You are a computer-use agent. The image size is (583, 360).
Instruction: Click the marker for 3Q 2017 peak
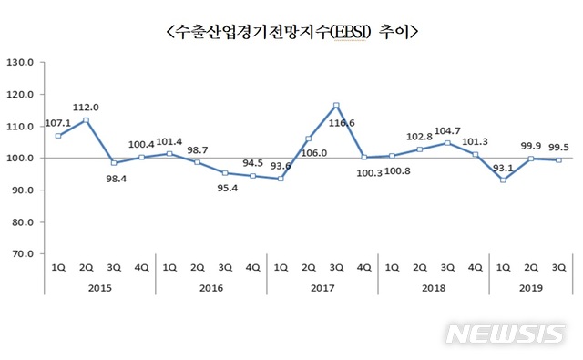click(x=336, y=105)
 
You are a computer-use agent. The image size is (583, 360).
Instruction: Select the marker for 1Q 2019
click(x=503, y=180)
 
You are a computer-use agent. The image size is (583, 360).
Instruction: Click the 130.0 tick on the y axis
click(x=20, y=63)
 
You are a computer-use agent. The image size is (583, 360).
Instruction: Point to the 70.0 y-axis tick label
click(x=20, y=254)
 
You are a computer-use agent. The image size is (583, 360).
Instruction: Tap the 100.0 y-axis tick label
click(x=20, y=159)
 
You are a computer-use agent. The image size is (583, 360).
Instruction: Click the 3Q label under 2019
click(x=558, y=269)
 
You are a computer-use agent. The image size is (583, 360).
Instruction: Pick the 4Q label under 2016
click(x=252, y=269)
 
